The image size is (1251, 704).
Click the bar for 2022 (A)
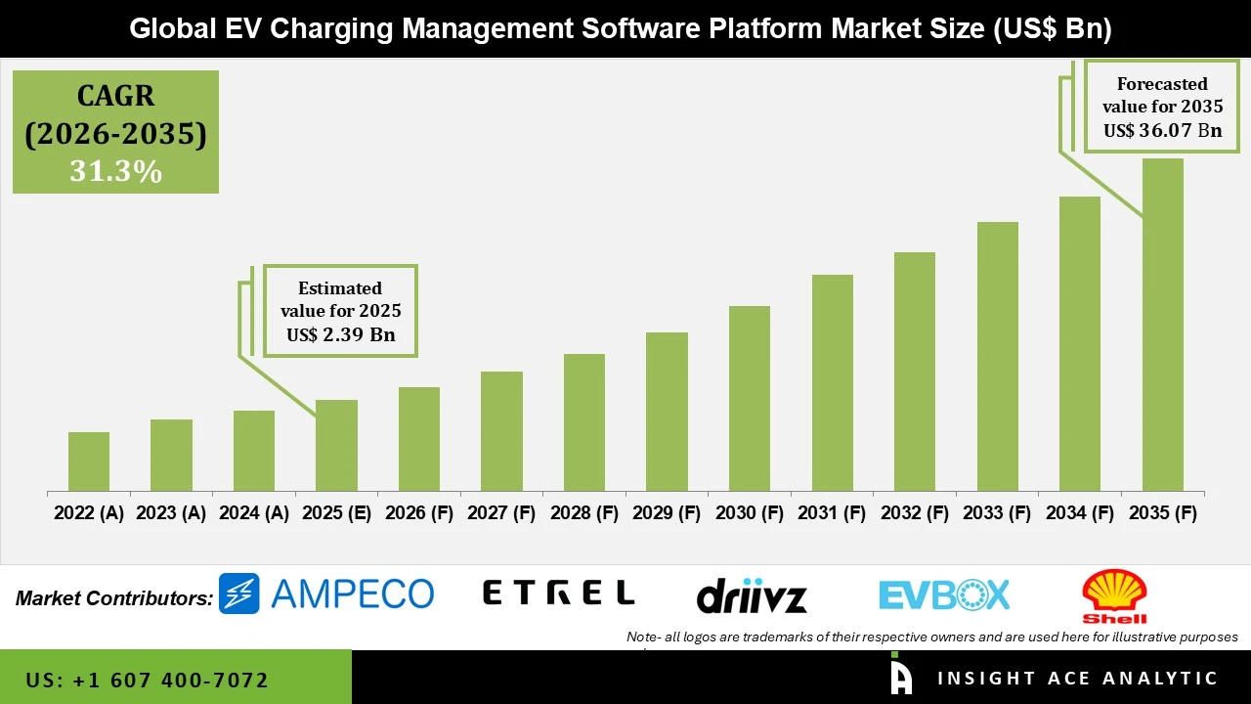[89, 462]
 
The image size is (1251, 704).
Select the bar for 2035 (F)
[1162, 325]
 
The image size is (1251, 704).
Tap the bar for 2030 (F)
[750, 399]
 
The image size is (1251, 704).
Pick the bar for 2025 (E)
[336, 446]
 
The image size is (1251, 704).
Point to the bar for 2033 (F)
[997, 357]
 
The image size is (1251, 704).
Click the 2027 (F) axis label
[501, 513]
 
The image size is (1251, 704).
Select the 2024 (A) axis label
[253, 513]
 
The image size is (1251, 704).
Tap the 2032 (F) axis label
[915, 513]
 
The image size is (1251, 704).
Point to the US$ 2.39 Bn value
[340, 335]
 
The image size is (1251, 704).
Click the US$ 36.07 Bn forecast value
[1162, 130]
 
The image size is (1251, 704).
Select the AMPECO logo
[326, 594]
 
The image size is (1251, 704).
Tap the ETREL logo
[559, 593]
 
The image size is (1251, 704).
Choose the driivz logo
[752, 594]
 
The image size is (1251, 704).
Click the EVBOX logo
[944, 594]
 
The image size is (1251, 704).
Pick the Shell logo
[1114, 595]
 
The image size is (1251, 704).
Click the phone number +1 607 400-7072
[148, 680]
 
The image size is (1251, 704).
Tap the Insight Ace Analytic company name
[1077, 679]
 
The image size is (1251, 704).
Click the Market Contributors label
[114, 597]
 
